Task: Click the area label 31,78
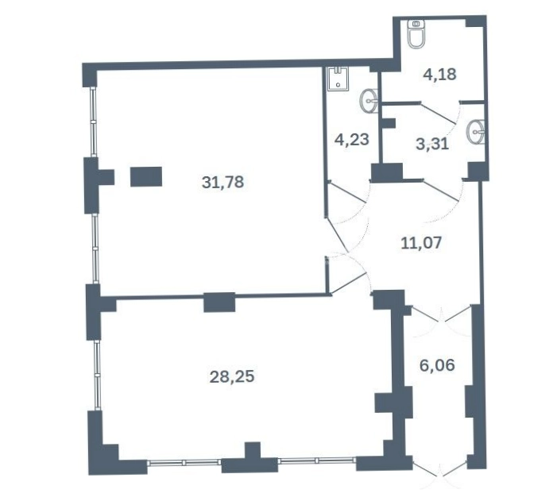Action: click(x=223, y=183)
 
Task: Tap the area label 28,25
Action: click(x=232, y=376)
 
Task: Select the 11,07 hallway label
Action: click(x=421, y=243)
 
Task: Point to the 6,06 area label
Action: click(x=437, y=365)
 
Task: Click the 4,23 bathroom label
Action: click(x=352, y=140)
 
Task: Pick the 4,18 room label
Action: click(x=439, y=75)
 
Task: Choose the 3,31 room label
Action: click(x=432, y=144)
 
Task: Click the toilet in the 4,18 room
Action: click(x=416, y=34)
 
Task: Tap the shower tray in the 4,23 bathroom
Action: click(x=338, y=79)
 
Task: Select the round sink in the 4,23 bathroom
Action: click(x=369, y=100)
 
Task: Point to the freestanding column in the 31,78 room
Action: click(x=146, y=176)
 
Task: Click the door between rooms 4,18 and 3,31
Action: click(x=438, y=113)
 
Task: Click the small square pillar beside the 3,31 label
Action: click(x=389, y=123)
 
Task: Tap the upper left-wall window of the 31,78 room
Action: click(x=93, y=122)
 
